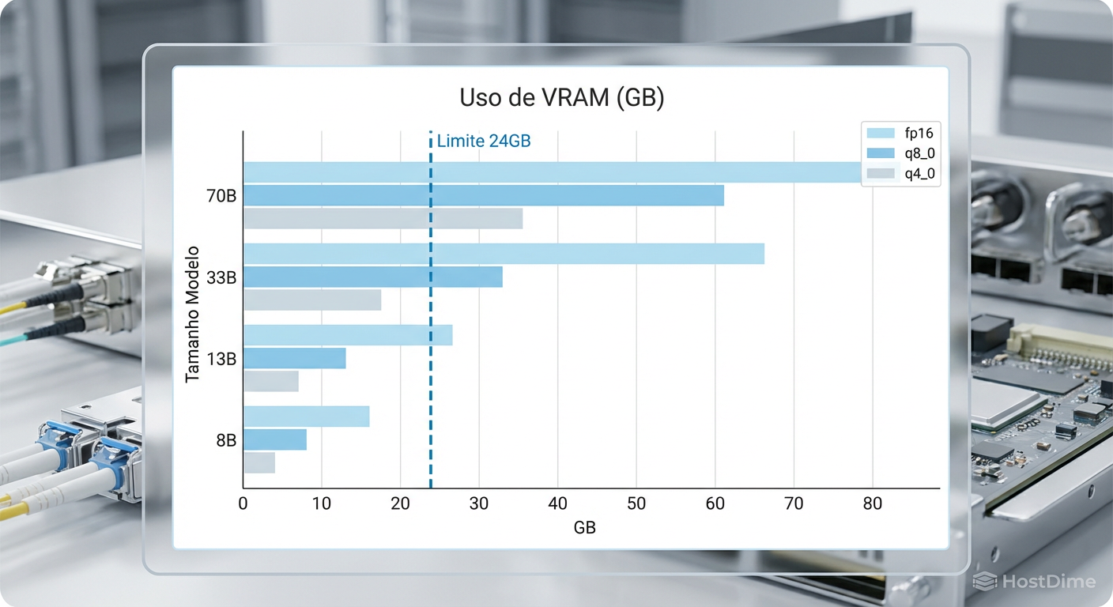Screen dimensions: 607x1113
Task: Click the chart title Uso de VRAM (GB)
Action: pos(561,99)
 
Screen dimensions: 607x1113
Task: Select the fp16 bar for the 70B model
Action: pos(553,172)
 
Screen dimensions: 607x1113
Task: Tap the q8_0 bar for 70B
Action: pos(483,195)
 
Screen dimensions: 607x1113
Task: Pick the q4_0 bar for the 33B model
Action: pos(312,300)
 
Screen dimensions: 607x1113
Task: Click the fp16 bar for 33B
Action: pos(504,254)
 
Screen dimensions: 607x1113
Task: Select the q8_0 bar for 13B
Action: pos(294,359)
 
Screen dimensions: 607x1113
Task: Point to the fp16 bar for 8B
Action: pos(306,417)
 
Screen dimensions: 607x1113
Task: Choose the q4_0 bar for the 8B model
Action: pos(259,463)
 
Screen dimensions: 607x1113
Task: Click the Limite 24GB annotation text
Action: pos(483,141)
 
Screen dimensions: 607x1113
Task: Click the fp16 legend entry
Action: pos(901,134)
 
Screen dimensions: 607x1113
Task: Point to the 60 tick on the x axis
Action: pos(715,504)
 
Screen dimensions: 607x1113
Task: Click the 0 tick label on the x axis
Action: pos(243,504)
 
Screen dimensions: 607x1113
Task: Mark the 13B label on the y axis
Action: pos(221,359)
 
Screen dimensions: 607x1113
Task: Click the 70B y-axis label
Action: pos(221,195)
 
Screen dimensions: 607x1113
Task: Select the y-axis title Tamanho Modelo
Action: pos(192,315)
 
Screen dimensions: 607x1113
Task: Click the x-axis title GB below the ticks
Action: pos(584,527)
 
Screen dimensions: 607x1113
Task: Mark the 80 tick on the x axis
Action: pos(872,504)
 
